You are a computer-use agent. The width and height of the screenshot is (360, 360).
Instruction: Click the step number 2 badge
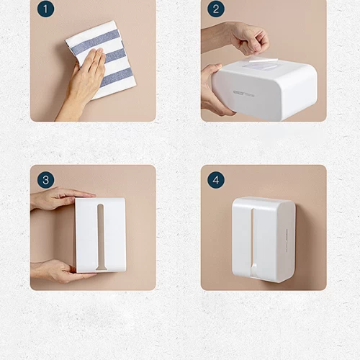(215, 9)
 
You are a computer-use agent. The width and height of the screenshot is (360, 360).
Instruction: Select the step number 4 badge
(215, 179)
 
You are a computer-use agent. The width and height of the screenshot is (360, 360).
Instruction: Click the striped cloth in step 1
(108, 50)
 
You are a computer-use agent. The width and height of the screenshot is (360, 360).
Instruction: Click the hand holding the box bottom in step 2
(215, 90)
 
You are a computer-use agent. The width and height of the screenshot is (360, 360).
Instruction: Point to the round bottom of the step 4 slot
(253, 271)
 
